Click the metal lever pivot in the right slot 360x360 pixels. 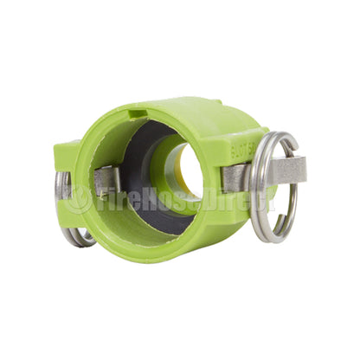236,178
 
